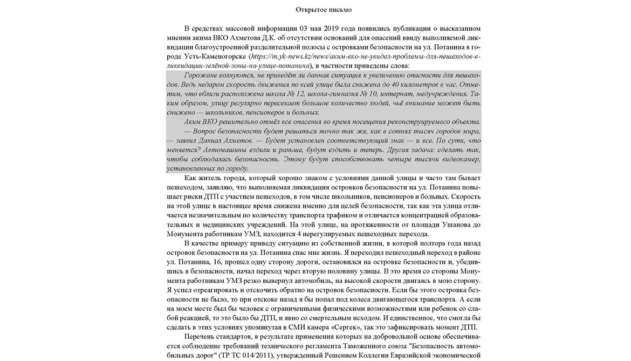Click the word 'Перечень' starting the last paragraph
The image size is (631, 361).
pos(199,337)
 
